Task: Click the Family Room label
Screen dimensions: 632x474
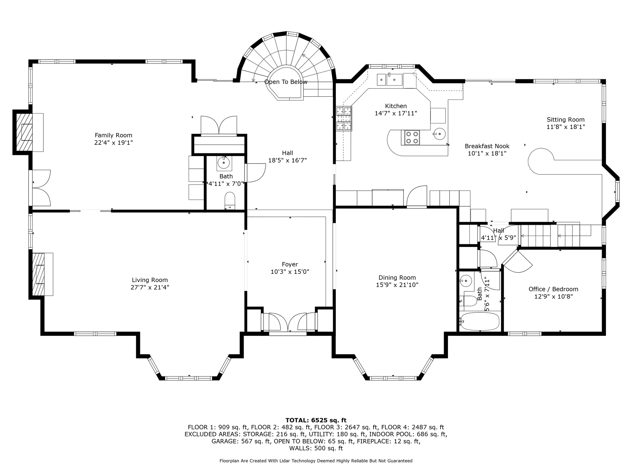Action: pos(114,135)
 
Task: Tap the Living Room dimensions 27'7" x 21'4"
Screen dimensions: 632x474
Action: pos(150,287)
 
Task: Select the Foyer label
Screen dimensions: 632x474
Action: pos(290,264)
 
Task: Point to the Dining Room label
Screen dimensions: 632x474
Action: pos(397,277)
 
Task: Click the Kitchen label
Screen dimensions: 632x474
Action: pos(396,106)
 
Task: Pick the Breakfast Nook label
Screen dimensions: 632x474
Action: pos(487,146)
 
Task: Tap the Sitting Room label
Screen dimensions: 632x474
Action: pos(566,119)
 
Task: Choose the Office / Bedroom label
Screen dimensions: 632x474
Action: pos(553,289)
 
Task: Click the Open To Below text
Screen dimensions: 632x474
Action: pos(286,82)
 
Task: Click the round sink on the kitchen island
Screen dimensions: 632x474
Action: pos(439,134)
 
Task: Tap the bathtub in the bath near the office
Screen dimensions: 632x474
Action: pos(480,321)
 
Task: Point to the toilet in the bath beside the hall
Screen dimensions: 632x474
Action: pos(230,201)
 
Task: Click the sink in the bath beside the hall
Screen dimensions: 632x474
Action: pos(224,163)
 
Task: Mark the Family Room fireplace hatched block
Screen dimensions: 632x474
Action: pos(24,132)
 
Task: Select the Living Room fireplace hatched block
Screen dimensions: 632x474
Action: pos(38,274)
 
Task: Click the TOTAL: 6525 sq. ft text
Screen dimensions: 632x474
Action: pos(316,420)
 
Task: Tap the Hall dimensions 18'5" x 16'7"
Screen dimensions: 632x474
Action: pos(288,160)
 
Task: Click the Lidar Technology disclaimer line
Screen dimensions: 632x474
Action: pos(316,461)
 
